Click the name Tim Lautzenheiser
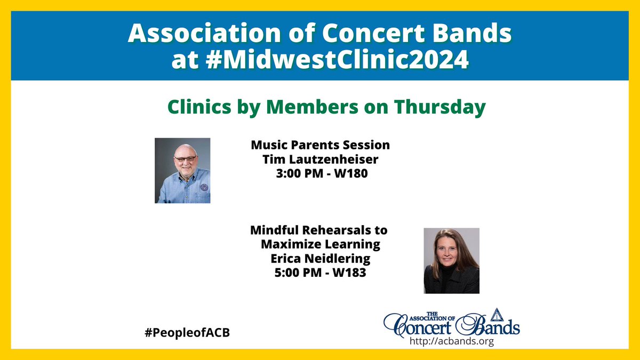(x=321, y=159)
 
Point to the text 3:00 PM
(x=303, y=173)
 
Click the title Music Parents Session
(x=321, y=145)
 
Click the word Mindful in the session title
(x=277, y=231)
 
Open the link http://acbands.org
(x=451, y=342)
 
